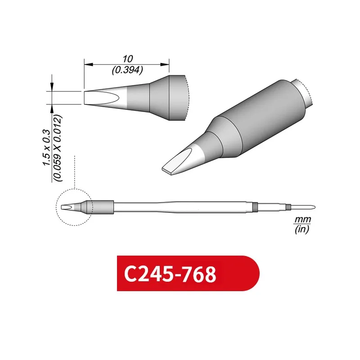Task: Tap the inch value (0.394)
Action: point(126,70)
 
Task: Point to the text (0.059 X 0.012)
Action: point(58,148)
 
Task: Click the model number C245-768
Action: point(170,274)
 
